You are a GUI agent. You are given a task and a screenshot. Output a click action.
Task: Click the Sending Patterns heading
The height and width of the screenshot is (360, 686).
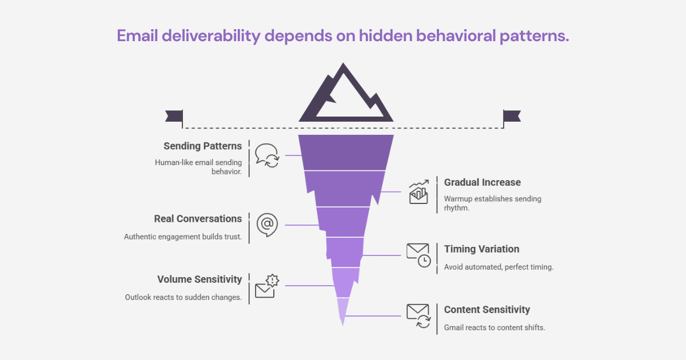click(x=202, y=146)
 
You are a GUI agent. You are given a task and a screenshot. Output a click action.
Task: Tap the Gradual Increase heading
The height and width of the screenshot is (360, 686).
click(x=482, y=182)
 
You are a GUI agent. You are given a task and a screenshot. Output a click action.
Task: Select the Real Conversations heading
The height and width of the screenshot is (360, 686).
click(x=198, y=219)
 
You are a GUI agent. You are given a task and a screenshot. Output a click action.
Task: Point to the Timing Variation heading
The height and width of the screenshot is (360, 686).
click(x=481, y=249)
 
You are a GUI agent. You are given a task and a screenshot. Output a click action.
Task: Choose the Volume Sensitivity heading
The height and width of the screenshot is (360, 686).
click(x=200, y=279)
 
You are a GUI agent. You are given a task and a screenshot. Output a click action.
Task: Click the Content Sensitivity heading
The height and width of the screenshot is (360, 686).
click(x=487, y=310)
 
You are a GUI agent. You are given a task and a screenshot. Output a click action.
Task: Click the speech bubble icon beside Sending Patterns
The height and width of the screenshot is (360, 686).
click(x=266, y=155)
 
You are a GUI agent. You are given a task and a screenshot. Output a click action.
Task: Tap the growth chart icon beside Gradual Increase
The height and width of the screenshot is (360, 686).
click(x=418, y=192)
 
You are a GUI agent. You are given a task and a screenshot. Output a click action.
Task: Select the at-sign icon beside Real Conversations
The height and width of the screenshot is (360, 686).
click(x=266, y=225)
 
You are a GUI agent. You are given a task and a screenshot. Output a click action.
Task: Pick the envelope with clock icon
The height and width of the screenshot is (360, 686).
click(x=418, y=255)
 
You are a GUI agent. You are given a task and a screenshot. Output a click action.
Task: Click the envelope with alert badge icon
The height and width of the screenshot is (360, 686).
click(x=266, y=286)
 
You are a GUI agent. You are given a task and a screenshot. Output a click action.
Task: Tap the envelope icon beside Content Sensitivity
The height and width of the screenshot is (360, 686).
click(x=418, y=315)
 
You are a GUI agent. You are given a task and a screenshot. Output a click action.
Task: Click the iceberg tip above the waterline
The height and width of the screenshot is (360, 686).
click(x=346, y=97)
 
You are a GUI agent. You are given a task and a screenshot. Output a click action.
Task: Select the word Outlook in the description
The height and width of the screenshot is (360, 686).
click(x=139, y=297)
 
